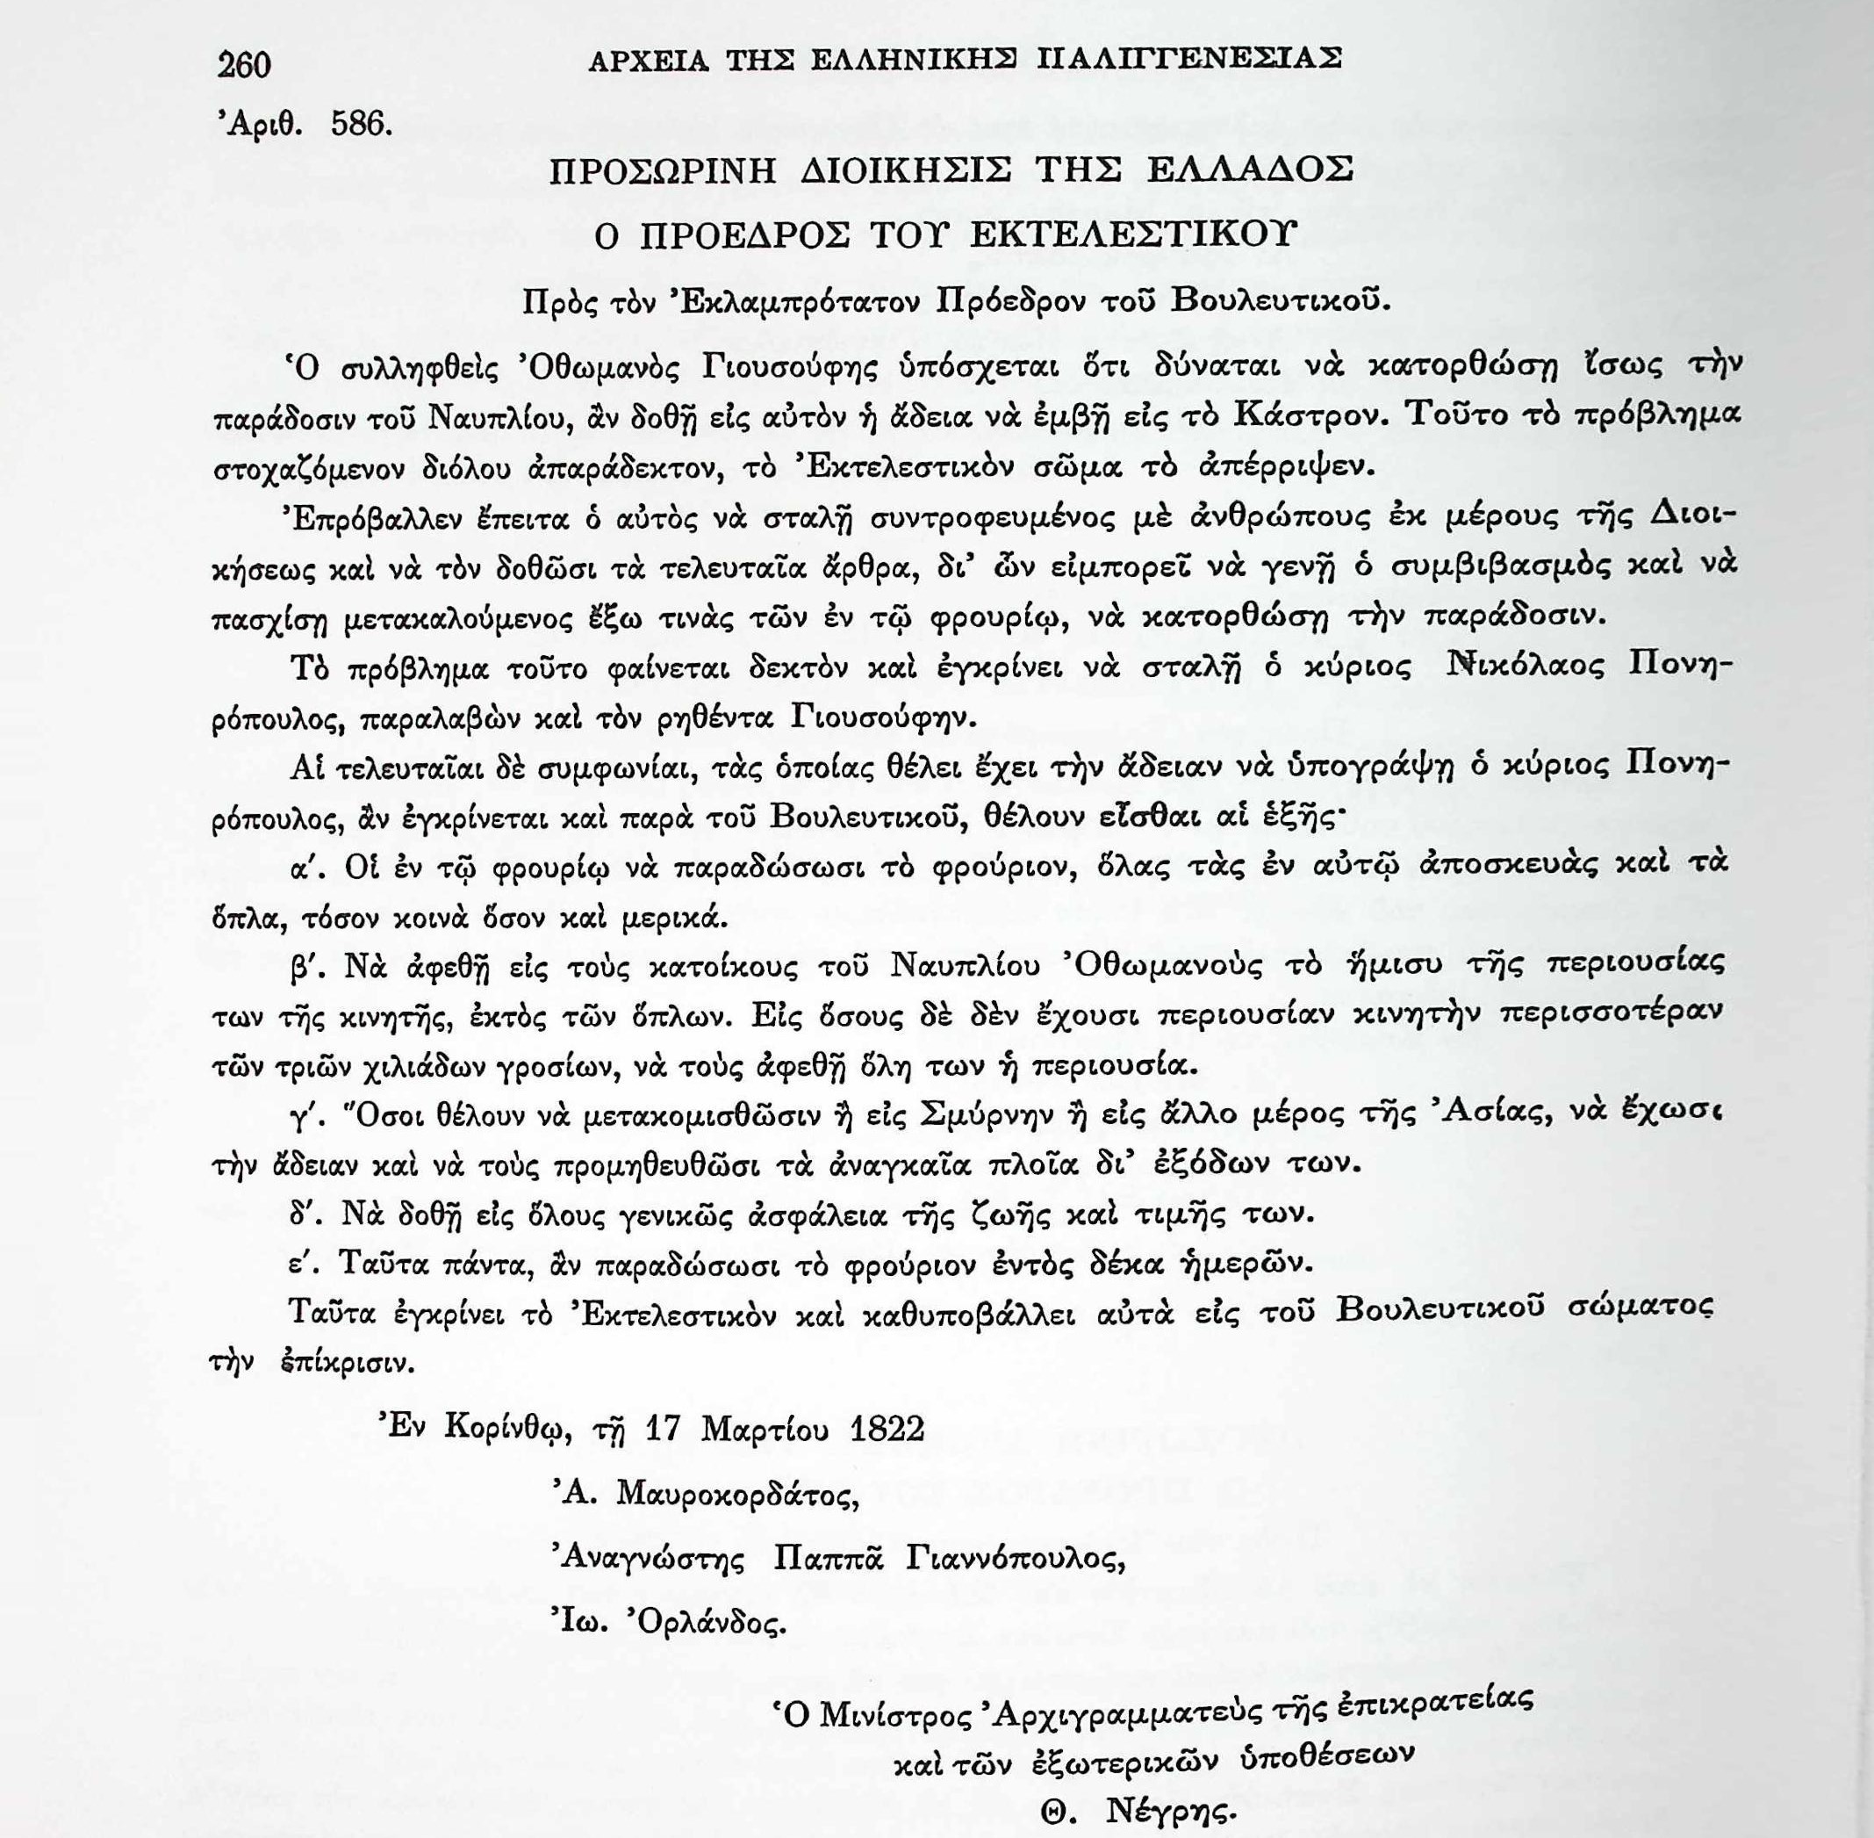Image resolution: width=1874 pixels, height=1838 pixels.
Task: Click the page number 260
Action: click(245, 65)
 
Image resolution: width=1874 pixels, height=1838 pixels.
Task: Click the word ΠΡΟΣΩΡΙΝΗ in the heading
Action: click(663, 172)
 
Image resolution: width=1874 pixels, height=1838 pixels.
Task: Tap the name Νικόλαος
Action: click(1522, 667)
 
